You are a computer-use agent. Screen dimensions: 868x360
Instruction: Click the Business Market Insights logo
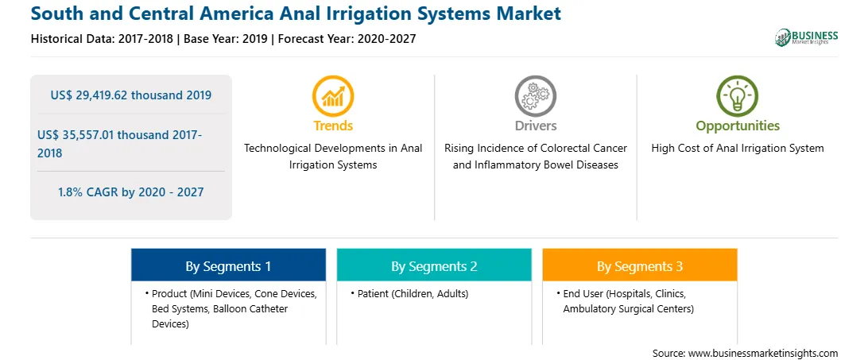[807, 37]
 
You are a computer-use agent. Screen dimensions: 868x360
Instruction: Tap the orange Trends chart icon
[333, 96]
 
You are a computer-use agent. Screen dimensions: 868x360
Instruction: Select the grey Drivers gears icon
[535, 96]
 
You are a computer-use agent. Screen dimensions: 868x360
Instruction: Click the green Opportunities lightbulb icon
[738, 96]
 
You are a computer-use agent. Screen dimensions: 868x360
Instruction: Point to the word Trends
[333, 126]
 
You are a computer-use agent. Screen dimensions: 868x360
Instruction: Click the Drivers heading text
[535, 126]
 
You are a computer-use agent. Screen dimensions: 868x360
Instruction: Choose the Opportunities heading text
[738, 126]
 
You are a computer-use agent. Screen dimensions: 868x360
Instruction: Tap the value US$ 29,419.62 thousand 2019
[130, 95]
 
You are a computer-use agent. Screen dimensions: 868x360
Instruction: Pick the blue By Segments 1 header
[228, 266]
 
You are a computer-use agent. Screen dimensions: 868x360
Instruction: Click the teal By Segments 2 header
[434, 266]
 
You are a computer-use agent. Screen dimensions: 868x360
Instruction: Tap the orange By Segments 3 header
[640, 266]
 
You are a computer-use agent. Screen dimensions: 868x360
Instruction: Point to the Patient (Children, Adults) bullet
[409, 294]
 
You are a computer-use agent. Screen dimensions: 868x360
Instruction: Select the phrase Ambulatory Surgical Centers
[628, 309]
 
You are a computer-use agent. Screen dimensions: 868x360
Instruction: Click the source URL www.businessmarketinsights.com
[763, 354]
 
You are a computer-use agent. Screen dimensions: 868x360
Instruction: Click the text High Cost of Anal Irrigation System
[738, 149]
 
